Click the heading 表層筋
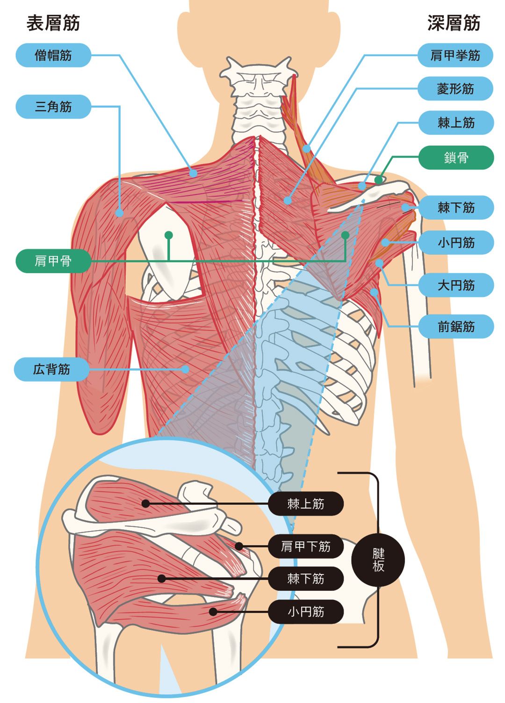53,23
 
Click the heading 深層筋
454,23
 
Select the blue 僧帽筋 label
53,55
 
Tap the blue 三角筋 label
53,107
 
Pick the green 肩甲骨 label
53,261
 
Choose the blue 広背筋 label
51,369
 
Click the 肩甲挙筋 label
455,55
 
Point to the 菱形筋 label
455,89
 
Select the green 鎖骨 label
456,158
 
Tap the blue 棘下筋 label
456,208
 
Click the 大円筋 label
456,285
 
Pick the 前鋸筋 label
456,326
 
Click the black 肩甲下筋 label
306,546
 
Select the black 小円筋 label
306,611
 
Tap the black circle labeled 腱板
378,560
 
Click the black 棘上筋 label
306,504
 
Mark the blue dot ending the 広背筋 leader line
186,369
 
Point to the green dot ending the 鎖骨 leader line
378,180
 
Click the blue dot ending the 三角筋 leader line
120,213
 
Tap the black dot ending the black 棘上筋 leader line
146,504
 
